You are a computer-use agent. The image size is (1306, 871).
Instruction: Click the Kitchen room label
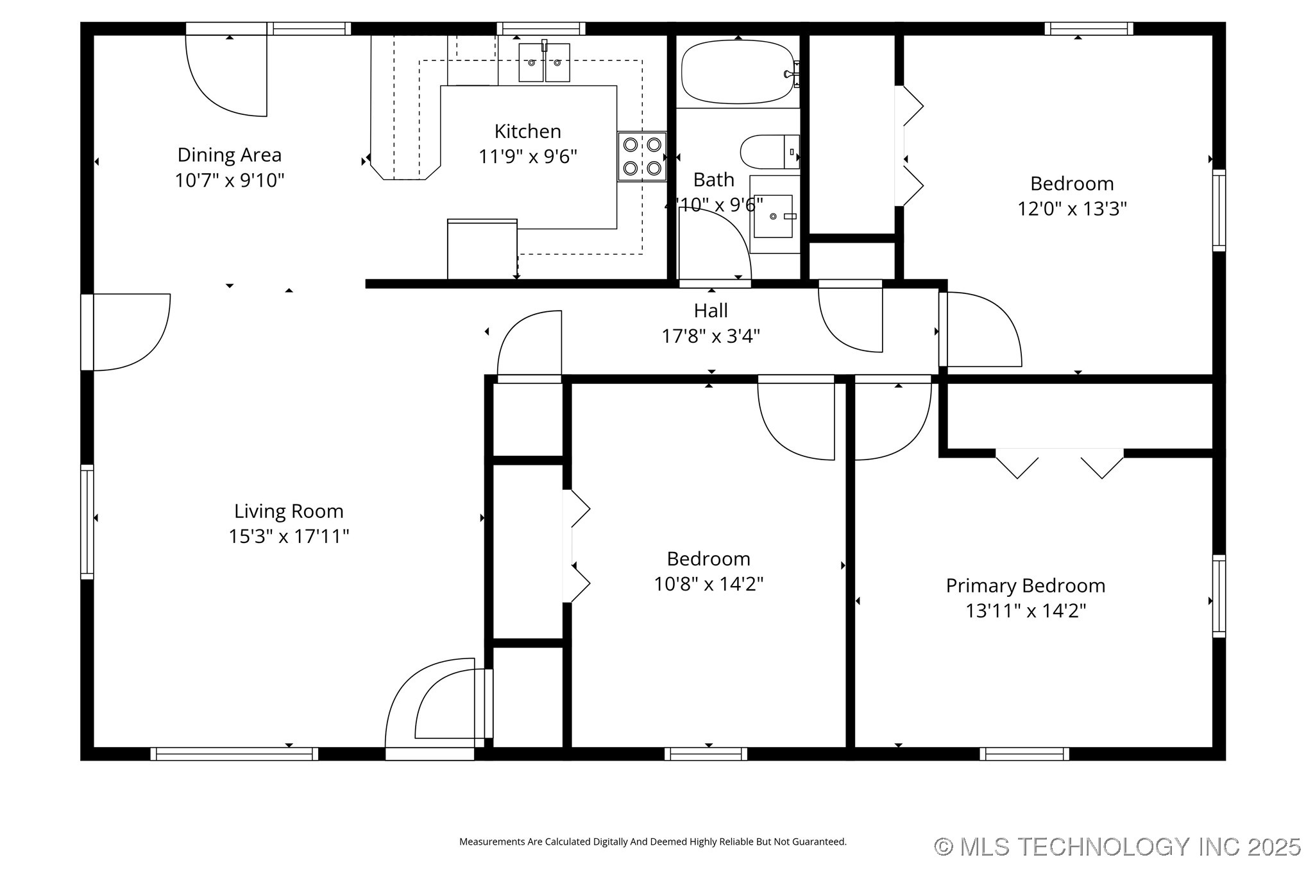click(527, 132)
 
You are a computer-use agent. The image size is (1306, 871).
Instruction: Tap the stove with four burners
click(641, 157)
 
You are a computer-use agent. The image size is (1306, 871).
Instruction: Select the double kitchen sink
click(544, 63)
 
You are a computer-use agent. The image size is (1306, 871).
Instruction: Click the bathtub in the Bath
click(738, 72)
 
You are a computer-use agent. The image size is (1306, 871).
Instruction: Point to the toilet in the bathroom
click(768, 152)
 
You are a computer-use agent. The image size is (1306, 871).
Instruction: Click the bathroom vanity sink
click(773, 216)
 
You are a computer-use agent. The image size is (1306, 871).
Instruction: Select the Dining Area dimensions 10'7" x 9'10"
click(230, 180)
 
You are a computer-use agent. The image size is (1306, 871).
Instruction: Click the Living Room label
click(289, 511)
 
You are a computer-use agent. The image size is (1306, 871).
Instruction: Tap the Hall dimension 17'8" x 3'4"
click(711, 336)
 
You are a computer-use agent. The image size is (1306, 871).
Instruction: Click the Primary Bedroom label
click(1025, 585)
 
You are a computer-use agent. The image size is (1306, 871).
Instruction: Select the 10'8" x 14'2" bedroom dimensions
click(708, 584)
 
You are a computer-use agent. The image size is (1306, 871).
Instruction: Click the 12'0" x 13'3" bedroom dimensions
click(1072, 209)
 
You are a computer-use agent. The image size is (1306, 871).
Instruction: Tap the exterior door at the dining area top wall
click(226, 74)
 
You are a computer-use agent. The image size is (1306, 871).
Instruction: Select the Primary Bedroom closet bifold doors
click(1059, 463)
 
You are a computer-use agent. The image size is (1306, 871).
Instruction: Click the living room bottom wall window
click(234, 754)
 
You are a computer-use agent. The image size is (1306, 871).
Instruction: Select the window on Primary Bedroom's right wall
click(1218, 596)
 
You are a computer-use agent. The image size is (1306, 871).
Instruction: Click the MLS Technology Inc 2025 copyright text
click(1117, 847)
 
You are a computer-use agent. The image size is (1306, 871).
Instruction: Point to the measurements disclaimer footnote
click(652, 841)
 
